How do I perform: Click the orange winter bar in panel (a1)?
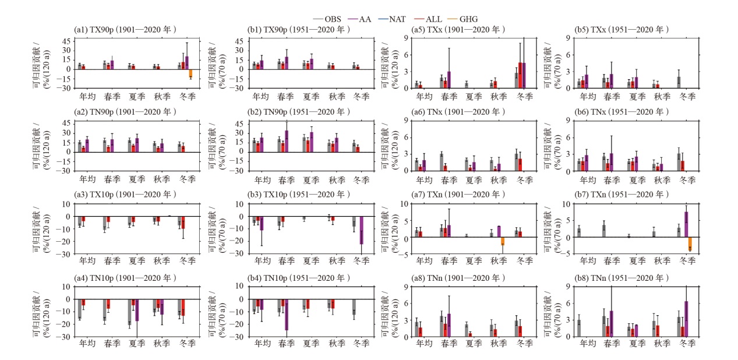190,74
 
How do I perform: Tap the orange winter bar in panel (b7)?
690,244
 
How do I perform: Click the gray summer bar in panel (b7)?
628,236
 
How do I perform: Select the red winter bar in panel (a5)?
520,75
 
